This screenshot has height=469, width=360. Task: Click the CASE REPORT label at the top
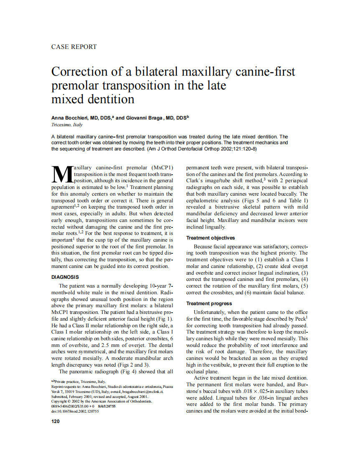click(74, 47)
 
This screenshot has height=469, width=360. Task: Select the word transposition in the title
click(127, 86)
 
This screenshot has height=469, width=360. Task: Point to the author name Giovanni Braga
click(145, 118)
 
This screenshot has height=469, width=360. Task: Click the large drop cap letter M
click(61, 175)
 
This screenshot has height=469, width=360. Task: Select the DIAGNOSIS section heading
click(65, 277)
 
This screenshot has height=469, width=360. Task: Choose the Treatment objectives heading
click(210, 238)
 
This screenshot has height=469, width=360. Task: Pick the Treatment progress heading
click(209, 303)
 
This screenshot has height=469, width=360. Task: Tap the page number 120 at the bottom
click(56, 421)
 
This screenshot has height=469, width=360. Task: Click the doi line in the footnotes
click(75, 411)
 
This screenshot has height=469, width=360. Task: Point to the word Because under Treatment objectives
click(205, 247)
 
